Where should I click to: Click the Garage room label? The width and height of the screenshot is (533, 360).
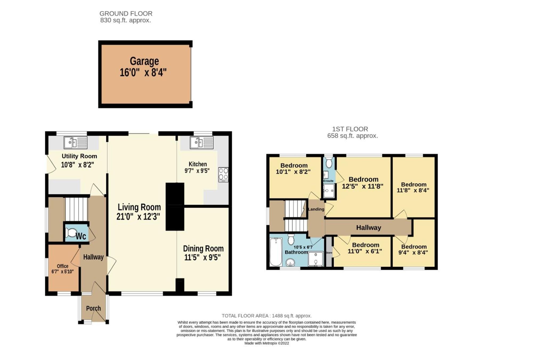coord(144,61)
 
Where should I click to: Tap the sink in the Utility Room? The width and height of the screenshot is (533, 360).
coord(75,143)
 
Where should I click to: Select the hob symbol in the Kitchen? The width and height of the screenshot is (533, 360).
coord(223,174)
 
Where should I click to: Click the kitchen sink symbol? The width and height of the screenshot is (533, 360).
coord(201,143)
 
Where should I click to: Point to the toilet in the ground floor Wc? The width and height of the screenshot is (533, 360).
coord(71,233)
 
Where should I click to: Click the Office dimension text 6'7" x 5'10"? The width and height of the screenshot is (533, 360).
coord(63,272)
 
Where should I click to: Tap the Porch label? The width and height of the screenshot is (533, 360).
coord(93,308)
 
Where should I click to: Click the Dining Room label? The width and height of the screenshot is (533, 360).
coord(203,249)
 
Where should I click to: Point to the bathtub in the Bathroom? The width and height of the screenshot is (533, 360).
coord(276,252)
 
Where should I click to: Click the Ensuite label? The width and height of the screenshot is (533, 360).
coord(328,181)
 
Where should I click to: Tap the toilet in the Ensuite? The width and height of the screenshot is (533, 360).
coord(329,162)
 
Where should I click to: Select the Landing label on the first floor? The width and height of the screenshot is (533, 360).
coord(316,209)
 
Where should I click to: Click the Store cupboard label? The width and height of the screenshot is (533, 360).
coord(329,253)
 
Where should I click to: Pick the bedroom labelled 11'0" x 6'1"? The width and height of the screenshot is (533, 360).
coord(365,248)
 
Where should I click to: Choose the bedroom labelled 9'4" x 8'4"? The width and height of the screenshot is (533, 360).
coord(414,249)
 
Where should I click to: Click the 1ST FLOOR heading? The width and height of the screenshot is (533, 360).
coord(350,129)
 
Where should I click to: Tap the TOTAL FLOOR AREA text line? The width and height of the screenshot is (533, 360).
coord(266,316)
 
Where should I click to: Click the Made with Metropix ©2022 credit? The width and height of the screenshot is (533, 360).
coord(266,343)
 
